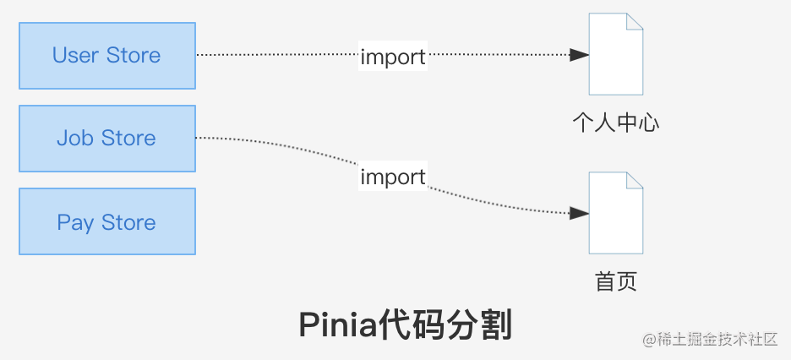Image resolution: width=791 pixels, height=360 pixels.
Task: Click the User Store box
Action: click(x=107, y=56)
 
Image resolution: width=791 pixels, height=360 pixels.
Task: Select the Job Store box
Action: click(x=107, y=139)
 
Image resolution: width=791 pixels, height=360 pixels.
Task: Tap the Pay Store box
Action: click(x=107, y=222)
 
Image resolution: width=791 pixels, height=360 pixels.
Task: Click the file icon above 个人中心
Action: click(x=615, y=54)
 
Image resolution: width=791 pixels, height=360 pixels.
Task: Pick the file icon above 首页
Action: click(x=615, y=213)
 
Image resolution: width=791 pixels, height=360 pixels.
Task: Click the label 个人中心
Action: click(x=615, y=123)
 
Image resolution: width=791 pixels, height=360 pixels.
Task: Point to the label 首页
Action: click(x=615, y=281)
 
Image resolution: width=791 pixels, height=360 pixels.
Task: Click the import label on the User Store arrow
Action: click(x=393, y=57)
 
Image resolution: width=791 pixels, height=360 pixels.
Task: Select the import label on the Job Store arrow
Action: click(x=393, y=177)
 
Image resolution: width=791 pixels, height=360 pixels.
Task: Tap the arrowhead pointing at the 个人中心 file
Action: click(x=580, y=55)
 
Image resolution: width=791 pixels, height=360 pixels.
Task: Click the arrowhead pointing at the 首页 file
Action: click(x=580, y=214)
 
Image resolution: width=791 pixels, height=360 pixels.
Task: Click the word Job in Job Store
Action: click(x=74, y=139)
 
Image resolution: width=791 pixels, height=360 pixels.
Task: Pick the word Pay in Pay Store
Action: click(x=75, y=223)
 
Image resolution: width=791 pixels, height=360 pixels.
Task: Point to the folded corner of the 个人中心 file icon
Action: click(x=634, y=23)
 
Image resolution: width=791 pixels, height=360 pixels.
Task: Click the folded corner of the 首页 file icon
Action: click(x=634, y=182)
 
